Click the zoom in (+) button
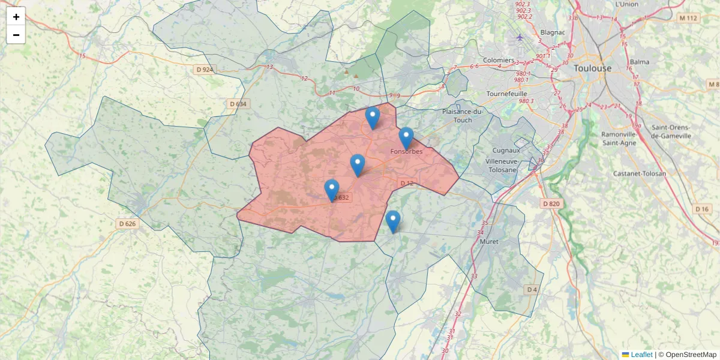[x=16, y=16]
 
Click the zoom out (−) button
[x=16, y=35]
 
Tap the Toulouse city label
[x=592, y=68]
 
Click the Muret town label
[x=490, y=242]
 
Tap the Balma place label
[x=640, y=62]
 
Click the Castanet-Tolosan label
[x=640, y=173]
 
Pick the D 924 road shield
[x=205, y=70]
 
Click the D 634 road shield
[x=238, y=104]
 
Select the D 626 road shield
[x=127, y=224]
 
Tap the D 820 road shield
[x=551, y=203]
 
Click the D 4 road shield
[x=532, y=290]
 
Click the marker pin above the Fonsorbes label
[x=406, y=138]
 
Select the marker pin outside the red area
[x=393, y=221]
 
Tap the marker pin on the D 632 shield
[x=332, y=190]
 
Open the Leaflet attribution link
[x=641, y=355]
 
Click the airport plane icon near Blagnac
[x=520, y=38]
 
